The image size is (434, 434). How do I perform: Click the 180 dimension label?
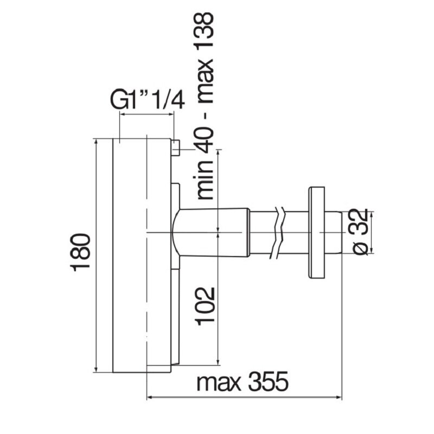tap(80, 252)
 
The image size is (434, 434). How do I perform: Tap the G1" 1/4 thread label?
tap(148, 99)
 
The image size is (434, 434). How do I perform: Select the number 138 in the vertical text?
tap(205, 31)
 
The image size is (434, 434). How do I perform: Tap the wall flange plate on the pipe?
tap(316, 233)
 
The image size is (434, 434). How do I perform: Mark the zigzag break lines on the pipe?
tap(278, 233)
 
